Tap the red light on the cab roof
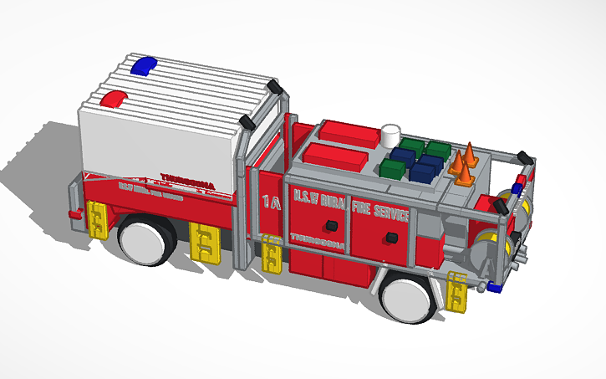(x=111, y=100)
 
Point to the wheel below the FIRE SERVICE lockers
(x=407, y=298)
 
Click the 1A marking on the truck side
(x=270, y=202)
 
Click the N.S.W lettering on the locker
(x=303, y=197)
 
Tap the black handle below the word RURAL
(x=331, y=225)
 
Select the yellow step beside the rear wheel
(x=458, y=292)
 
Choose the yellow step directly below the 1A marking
(x=273, y=254)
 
